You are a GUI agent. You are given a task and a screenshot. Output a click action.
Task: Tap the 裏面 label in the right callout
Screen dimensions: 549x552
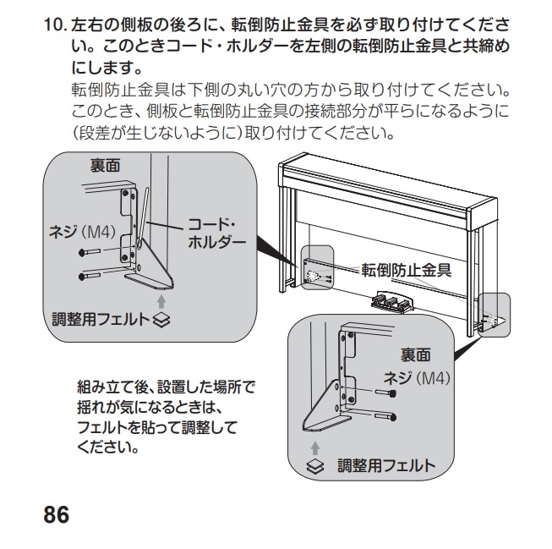[x=415, y=354]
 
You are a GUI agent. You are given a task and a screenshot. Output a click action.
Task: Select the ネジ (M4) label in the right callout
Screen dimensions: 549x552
[x=421, y=376]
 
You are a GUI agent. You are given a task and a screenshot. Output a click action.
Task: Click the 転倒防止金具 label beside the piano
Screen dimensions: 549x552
[x=408, y=272]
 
